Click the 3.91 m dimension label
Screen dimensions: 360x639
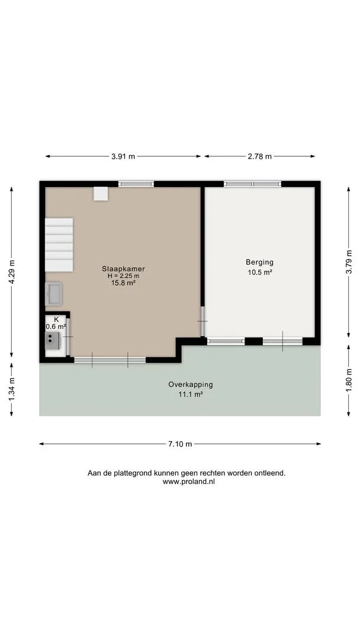123,156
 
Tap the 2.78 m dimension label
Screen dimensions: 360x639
259,156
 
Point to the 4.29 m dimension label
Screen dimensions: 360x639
11,272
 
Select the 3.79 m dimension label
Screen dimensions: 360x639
349,262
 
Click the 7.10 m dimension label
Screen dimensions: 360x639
180,444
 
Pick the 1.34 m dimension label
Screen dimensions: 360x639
11,389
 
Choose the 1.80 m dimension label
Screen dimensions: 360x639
349,380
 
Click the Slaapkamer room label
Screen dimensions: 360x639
124,269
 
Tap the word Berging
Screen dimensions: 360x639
259,262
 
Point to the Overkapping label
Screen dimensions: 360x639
191,385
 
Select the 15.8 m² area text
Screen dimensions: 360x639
124,282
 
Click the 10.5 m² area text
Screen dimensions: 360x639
260,273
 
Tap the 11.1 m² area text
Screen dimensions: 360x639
191,395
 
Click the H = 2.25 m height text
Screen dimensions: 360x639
124,276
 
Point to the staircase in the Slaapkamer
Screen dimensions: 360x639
59,244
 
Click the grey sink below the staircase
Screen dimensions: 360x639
53,293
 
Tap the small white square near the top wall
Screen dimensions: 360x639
101,193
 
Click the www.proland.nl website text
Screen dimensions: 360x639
189,481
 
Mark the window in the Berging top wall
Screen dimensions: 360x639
252,184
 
